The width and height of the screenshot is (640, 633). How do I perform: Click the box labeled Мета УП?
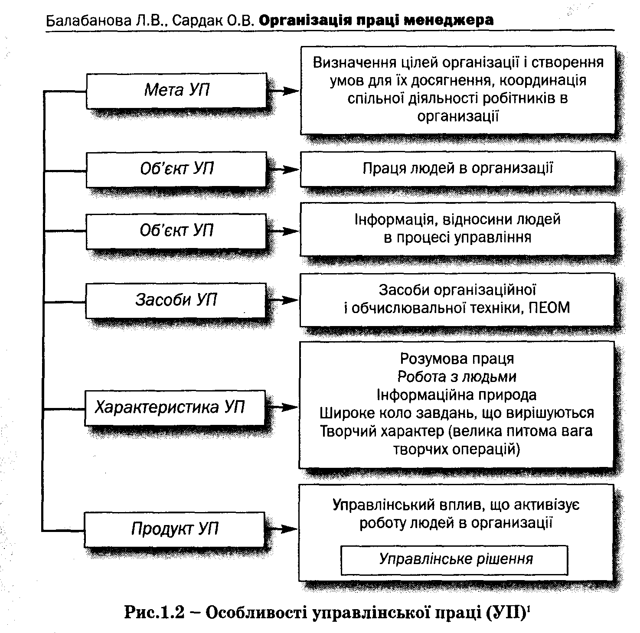[176, 90]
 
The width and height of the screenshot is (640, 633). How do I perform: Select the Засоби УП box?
[176, 300]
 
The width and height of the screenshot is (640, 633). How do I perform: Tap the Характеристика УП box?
[174, 408]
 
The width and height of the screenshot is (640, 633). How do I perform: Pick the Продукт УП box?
[174, 529]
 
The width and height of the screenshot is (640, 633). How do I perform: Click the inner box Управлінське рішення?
[454, 559]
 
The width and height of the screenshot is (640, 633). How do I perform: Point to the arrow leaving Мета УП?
[284, 91]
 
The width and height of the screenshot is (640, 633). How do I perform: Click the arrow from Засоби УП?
[283, 300]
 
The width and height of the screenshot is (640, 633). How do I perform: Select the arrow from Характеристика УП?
[282, 408]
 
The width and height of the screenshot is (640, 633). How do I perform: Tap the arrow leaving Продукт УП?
[282, 529]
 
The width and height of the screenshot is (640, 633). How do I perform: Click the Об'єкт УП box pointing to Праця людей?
[176, 169]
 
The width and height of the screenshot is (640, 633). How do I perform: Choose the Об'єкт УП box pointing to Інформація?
[176, 231]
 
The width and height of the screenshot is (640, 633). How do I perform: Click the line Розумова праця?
[457, 359]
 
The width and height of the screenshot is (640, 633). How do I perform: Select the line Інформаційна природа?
[457, 395]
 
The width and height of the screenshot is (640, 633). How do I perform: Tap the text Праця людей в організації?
[457, 168]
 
